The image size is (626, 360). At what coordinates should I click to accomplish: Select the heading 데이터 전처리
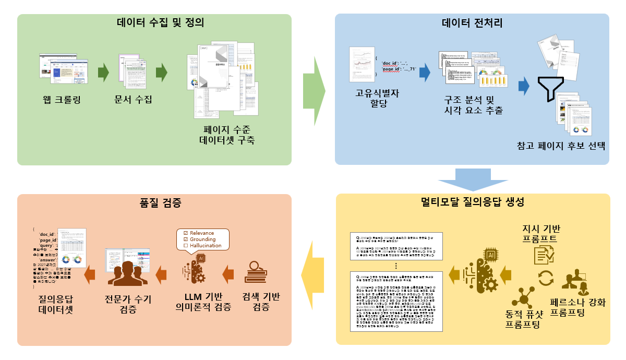pyautogui.click(x=472, y=23)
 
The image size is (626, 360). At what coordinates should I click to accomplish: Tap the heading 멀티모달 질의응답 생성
pyautogui.click(x=472, y=201)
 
